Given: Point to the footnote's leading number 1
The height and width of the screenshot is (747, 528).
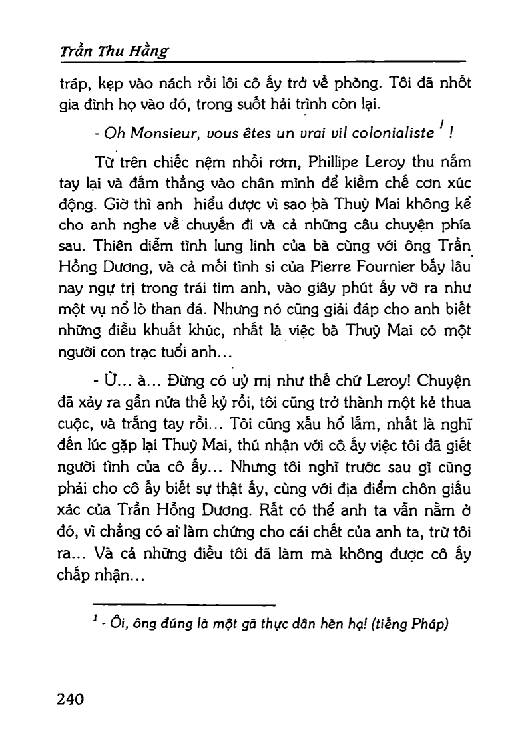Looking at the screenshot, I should pyautogui.click(x=95, y=619).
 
